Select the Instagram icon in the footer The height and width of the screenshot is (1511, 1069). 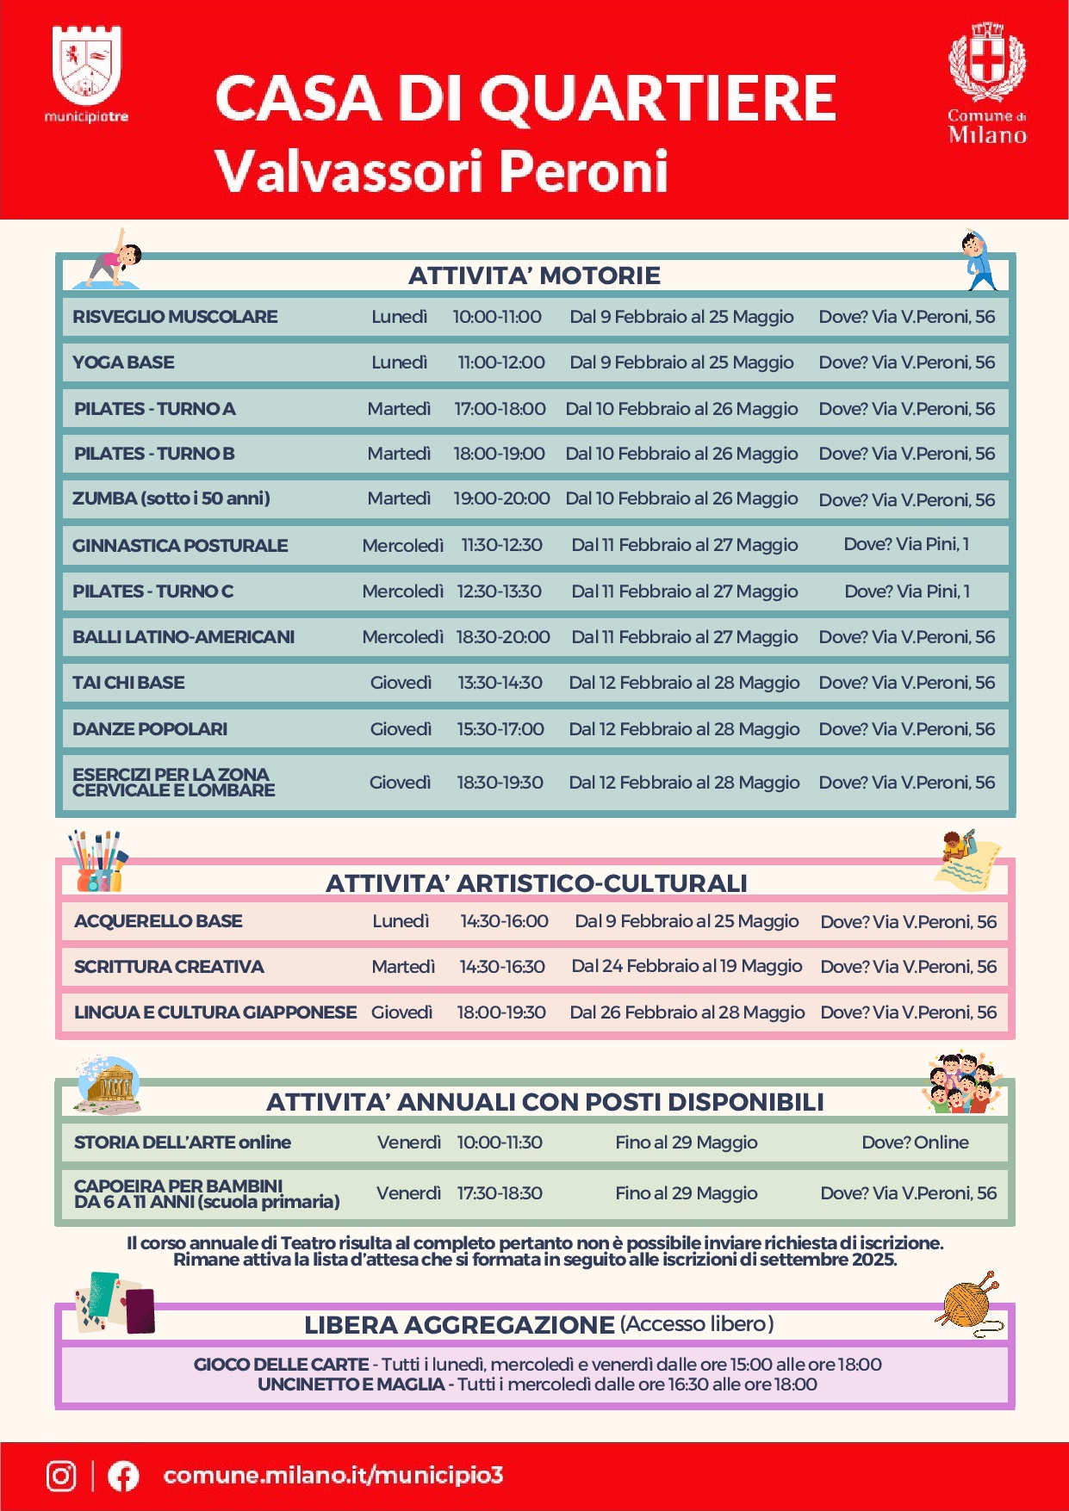pos(61,1476)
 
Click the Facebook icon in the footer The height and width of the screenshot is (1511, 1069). pos(123,1476)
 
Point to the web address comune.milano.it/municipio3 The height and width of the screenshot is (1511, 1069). pos(333,1475)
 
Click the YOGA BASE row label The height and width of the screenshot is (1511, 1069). pos(123,362)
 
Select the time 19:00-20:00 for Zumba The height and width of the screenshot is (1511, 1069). pos(501,499)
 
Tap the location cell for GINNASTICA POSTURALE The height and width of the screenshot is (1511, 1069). pos(906,544)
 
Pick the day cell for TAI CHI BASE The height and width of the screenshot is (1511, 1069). pos(401,683)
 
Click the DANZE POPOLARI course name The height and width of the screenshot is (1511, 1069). pos(150,729)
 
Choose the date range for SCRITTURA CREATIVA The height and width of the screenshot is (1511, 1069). pos(687,966)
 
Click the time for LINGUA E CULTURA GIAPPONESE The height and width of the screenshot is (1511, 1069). pos(501,1012)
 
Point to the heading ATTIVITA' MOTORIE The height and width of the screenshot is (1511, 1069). pos(534,276)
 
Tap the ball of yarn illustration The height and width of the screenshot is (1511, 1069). pos(969,1303)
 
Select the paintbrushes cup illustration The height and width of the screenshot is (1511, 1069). pos(96,861)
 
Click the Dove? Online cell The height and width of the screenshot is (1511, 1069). pos(915,1143)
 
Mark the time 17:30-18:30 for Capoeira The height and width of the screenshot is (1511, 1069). pos(500,1193)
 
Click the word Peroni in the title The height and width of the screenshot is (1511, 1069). pos(583,170)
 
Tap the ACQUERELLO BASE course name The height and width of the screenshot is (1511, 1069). pos(158,921)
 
